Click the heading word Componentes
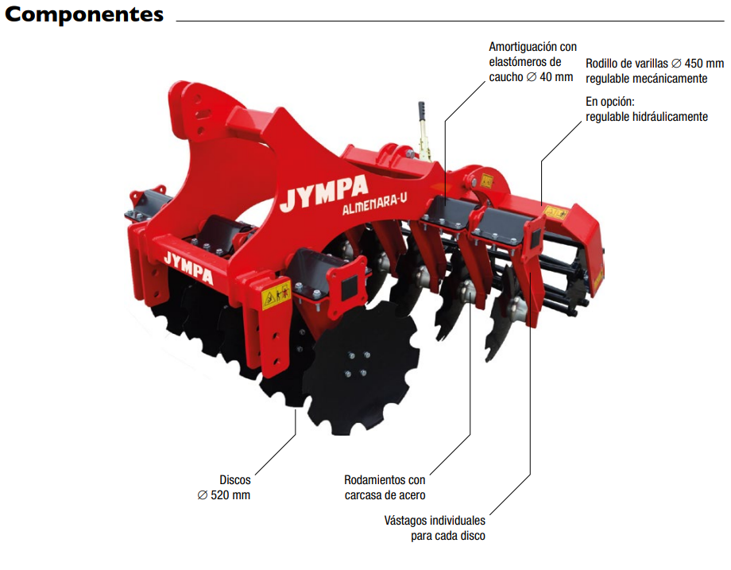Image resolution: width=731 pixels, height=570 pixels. click(x=84, y=15)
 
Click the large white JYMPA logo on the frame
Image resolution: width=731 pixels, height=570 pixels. click(x=324, y=192)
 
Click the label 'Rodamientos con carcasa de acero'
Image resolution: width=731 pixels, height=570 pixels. click(x=385, y=487)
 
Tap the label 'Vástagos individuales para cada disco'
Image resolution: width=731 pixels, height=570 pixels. click(x=435, y=528)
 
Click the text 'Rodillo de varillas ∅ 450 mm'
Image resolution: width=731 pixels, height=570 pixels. click(x=655, y=64)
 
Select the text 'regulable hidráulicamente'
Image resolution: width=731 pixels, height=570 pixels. click(x=647, y=117)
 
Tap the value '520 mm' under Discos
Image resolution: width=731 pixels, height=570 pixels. click(x=231, y=495)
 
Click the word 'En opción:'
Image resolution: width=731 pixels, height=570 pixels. click(x=610, y=102)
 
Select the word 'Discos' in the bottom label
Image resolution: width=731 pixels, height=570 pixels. click(x=235, y=480)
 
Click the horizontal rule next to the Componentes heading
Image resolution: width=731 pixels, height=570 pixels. click(x=449, y=19)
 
